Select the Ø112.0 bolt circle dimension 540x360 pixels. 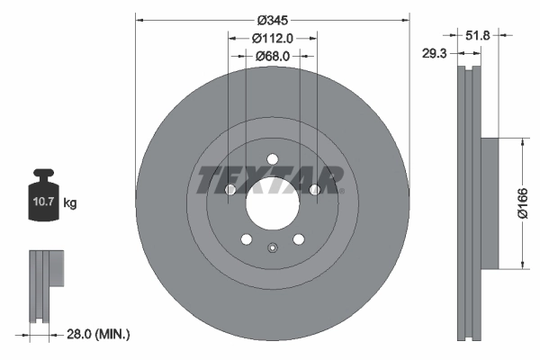(x=272, y=38)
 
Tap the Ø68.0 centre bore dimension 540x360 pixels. (x=272, y=56)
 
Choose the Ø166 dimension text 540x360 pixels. (x=520, y=204)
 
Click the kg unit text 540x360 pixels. (x=70, y=203)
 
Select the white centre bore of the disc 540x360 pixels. (x=272, y=206)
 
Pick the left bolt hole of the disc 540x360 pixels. (x=229, y=191)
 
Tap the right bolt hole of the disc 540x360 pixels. (x=314, y=191)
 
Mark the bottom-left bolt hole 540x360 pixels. (x=246, y=239)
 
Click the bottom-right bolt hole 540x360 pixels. (x=298, y=239)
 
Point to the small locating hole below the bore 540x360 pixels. (x=272, y=248)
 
